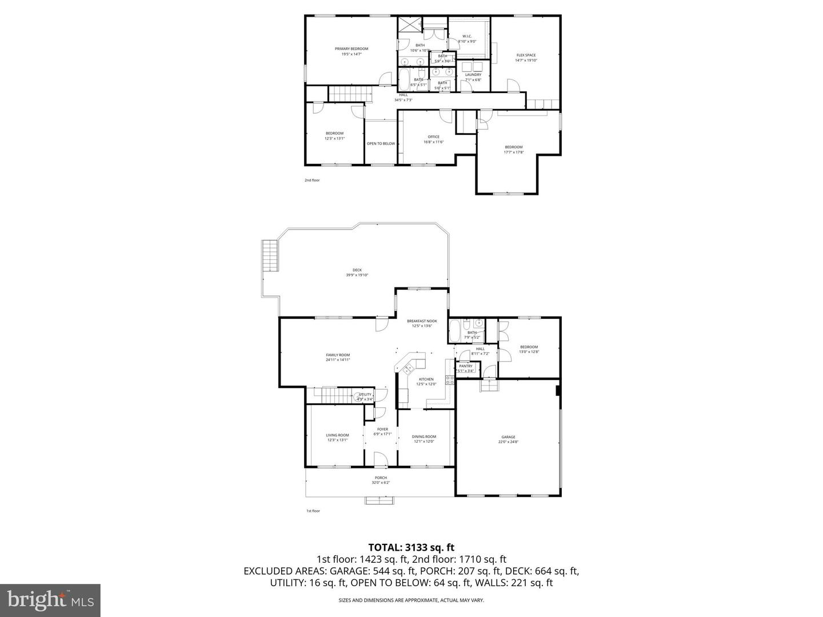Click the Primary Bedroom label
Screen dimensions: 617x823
[x=351, y=49]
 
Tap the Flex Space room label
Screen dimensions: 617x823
[x=526, y=55]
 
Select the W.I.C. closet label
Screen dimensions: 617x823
[x=466, y=37]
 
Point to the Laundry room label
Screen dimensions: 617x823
[x=473, y=75]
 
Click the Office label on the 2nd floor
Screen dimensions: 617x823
[x=433, y=137]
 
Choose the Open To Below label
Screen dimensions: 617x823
[x=381, y=143]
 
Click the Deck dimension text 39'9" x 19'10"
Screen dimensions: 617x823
[x=357, y=275]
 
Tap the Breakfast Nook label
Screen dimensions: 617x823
[x=422, y=321]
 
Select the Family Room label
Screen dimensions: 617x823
[x=338, y=355]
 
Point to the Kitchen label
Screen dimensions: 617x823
[x=426, y=379]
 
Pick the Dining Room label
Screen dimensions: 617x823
[x=424, y=437]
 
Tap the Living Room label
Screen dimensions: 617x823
[x=337, y=435]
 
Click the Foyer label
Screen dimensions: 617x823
[x=382, y=430]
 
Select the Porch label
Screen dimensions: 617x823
[x=381, y=478]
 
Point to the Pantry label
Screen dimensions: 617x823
[x=466, y=366]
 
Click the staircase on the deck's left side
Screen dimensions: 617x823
[x=269, y=257]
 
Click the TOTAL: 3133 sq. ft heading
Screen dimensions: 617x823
[x=411, y=547]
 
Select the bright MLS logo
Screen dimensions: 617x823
[x=50, y=600]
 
